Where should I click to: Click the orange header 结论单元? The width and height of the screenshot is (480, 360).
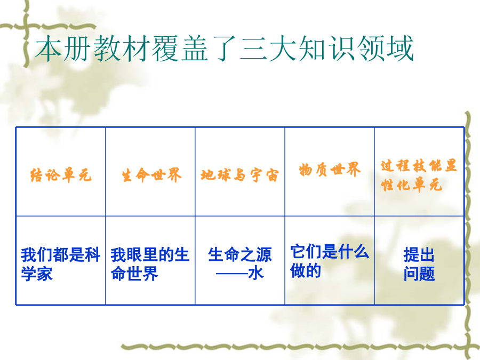pos(61,175)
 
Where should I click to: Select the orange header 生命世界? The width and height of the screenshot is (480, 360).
pos(151,175)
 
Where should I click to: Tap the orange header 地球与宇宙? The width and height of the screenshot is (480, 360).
pos(239,175)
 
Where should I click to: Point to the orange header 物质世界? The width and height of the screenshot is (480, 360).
pos(330,169)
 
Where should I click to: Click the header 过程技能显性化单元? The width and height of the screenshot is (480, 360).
pos(419,175)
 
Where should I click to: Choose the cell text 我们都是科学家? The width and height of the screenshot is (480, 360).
pos(61,264)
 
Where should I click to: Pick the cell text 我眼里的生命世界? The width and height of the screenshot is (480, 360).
pos(150,264)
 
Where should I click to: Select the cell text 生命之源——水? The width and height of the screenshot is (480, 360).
pos(239,264)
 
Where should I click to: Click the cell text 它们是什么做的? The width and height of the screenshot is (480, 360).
pos(330,261)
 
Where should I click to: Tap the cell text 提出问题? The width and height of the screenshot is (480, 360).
pos(419,264)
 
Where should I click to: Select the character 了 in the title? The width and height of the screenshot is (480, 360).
pos(225,49)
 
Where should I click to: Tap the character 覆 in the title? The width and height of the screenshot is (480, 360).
pos(166,49)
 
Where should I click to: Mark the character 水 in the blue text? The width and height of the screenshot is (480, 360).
pos(256,274)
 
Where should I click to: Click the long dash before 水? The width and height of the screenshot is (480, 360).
pos(232,274)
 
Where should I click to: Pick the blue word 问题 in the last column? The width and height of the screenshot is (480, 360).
pos(419,274)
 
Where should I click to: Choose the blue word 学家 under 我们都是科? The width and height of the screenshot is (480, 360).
pos(37,274)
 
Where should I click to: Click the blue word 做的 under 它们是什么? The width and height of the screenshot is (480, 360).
pos(306,270)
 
